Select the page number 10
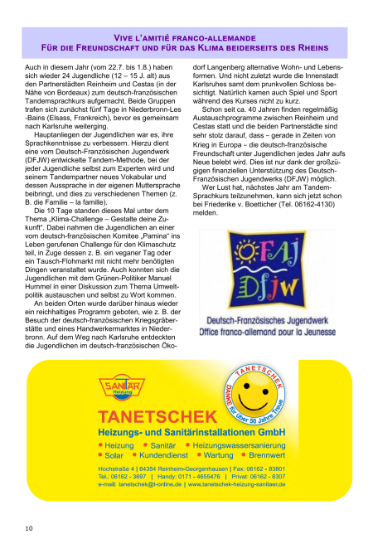(x=28, y=527)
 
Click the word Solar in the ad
(x=114, y=455)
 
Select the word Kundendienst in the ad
(x=165, y=455)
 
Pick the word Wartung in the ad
(x=218, y=455)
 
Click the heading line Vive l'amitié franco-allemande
(x=186, y=38)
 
